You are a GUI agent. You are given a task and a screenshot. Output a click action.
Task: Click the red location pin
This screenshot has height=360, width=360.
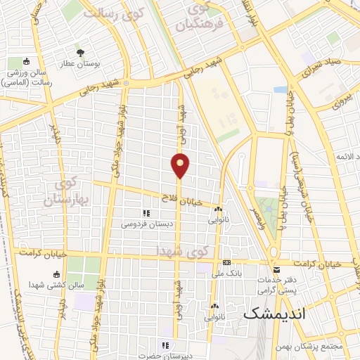(x=181, y=165)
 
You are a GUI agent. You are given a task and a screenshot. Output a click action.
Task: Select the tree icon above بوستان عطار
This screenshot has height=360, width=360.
(x=80, y=52)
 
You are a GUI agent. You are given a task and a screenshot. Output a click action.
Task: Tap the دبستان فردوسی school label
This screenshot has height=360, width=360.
(x=146, y=224)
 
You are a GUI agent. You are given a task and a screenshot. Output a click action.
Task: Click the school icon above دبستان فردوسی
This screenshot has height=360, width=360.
(x=146, y=213)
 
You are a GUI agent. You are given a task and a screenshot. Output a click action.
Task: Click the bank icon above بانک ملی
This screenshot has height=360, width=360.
(x=226, y=262)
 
